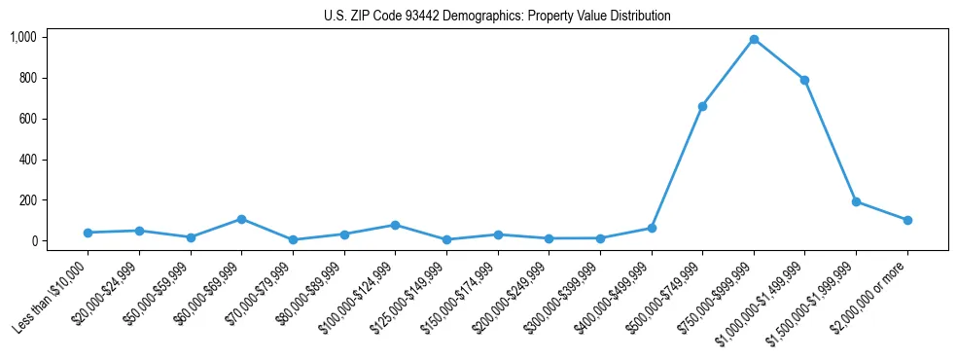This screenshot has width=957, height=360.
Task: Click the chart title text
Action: click(x=497, y=17)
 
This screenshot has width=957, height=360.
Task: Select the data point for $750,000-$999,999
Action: click(x=754, y=40)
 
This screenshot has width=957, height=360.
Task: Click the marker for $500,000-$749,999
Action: click(x=702, y=106)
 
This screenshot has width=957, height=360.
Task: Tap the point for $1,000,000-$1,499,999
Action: click(x=804, y=80)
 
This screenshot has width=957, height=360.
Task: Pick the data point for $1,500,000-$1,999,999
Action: click(x=856, y=201)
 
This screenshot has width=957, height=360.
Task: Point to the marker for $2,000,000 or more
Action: click(x=907, y=220)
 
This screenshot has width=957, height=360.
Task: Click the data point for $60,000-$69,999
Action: click(x=241, y=219)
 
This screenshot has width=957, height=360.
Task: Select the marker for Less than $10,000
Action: click(x=88, y=233)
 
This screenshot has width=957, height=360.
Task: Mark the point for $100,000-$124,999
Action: click(x=395, y=225)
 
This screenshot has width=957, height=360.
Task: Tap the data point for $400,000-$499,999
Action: click(x=651, y=228)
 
